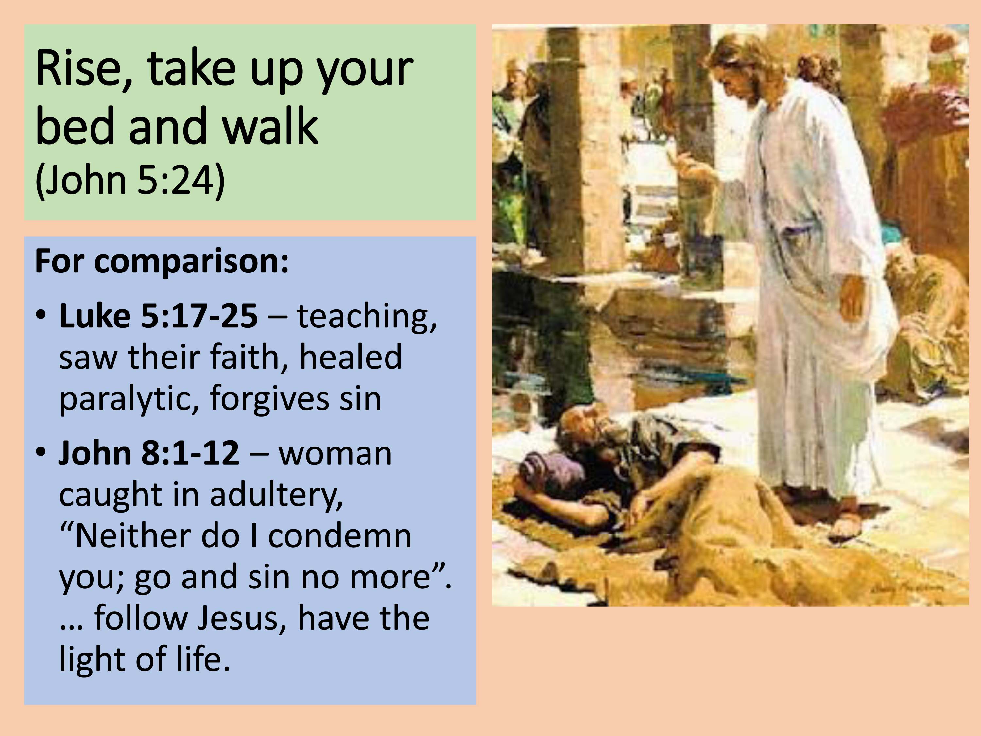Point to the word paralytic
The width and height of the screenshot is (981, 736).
[129, 398]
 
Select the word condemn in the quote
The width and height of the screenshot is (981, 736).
[340, 535]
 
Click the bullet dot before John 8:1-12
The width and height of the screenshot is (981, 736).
[41, 453]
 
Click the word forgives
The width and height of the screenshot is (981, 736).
[269, 398]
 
